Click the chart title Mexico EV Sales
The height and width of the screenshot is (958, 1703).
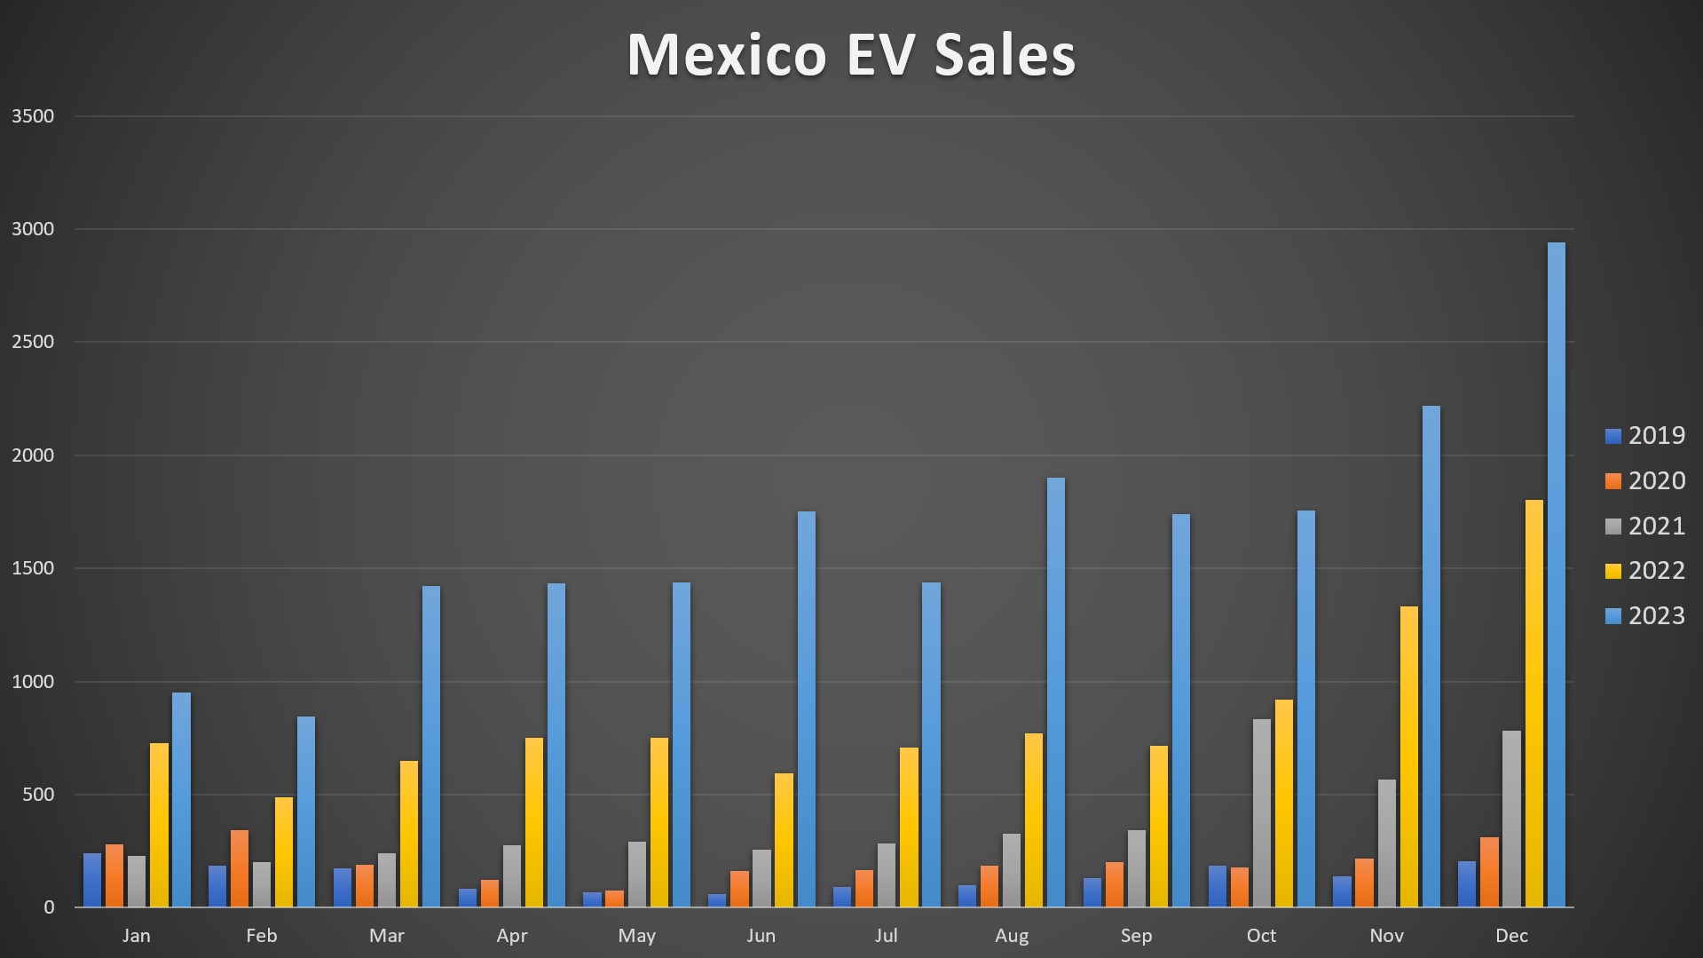pyautogui.click(x=851, y=55)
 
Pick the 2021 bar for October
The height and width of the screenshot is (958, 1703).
pyautogui.click(x=1261, y=812)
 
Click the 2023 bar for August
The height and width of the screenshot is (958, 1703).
pyautogui.click(x=1055, y=692)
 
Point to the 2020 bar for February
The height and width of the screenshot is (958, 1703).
pyautogui.click(x=240, y=868)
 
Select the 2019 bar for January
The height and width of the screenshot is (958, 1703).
pyautogui.click(x=92, y=880)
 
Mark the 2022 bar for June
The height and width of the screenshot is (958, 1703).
pyautogui.click(x=784, y=840)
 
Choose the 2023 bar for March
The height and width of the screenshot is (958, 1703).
pyautogui.click(x=430, y=746)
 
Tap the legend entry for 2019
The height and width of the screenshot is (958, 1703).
pyautogui.click(x=1644, y=436)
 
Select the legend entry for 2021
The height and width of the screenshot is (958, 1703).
pyautogui.click(x=1644, y=526)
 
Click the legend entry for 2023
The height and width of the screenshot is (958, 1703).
pyautogui.click(x=1644, y=615)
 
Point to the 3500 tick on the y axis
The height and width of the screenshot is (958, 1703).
pyautogui.click(x=33, y=116)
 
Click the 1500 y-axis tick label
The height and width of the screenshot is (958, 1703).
pyautogui.click(x=33, y=568)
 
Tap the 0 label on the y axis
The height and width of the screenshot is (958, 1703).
pyautogui.click(x=49, y=907)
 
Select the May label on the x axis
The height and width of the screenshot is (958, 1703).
pyautogui.click(x=636, y=936)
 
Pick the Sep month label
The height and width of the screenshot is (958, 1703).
pyautogui.click(x=1136, y=936)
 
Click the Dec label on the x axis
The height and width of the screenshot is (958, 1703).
pyautogui.click(x=1511, y=936)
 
